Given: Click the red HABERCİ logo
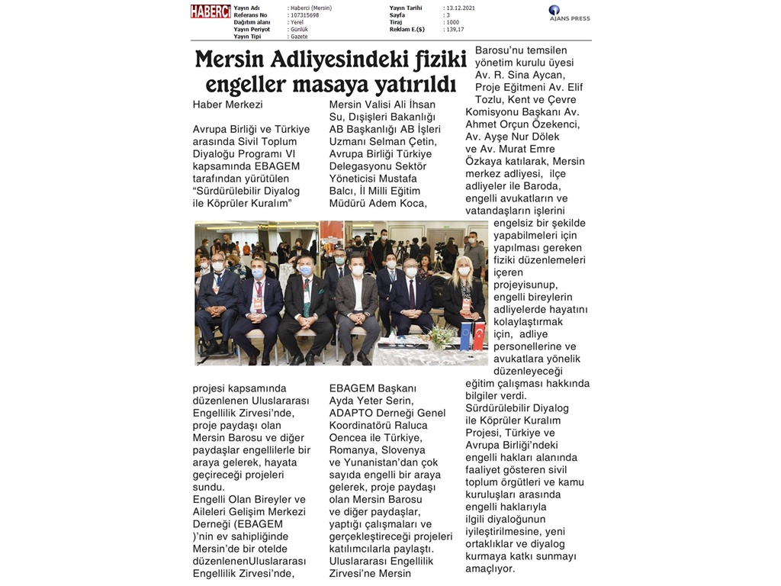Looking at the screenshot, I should point(211,11).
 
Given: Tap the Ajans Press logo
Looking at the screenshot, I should point(569,14).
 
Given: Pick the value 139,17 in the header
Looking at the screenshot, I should point(454,30).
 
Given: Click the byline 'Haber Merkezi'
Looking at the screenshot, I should point(227,105).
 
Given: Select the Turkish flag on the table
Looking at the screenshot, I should point(479,336).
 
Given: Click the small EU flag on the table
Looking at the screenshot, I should point(466,336).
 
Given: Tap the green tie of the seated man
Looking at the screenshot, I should point(307,302).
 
